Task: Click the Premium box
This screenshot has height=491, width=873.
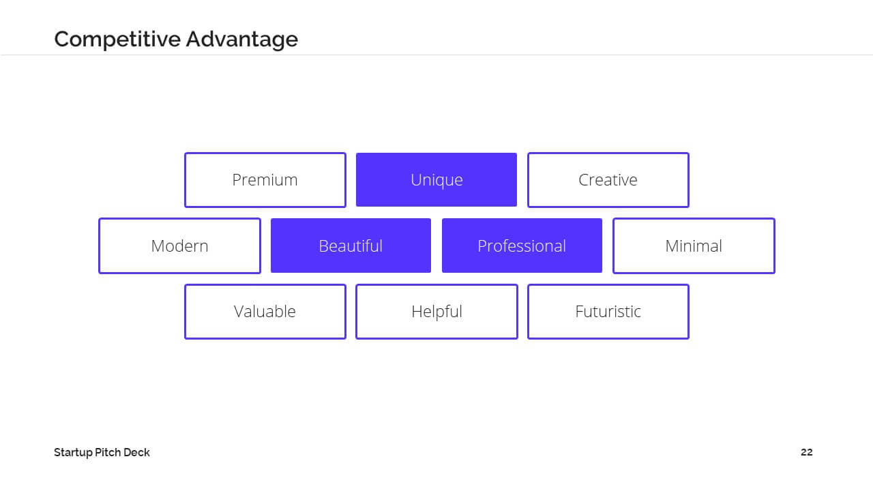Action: (265, 180)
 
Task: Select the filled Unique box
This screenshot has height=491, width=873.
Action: (436, 179)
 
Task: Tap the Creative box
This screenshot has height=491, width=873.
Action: (608, 180)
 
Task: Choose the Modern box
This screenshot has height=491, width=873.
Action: (179, 246)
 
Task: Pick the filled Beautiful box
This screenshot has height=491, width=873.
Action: (351, 245)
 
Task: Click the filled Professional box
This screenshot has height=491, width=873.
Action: (522, 245)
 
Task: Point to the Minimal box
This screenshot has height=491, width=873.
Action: (694, 246)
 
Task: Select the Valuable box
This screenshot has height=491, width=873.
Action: (265, 312)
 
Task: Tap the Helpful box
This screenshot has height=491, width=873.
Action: (436, 312)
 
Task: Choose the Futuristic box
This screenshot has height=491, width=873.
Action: (608, 312)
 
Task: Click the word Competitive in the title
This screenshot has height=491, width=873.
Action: (117, 40)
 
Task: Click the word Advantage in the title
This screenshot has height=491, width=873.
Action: (242, 40)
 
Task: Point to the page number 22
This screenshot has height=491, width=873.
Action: (806, 452)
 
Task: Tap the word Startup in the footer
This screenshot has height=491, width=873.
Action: (73, 453)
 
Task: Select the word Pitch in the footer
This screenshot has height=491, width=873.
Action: (108, 452)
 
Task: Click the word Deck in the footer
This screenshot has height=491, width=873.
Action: (136, 452)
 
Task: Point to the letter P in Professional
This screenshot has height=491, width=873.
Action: (482, 246)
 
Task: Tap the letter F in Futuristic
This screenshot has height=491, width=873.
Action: (580, 312)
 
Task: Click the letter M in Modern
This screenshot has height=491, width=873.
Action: (158, 246)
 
